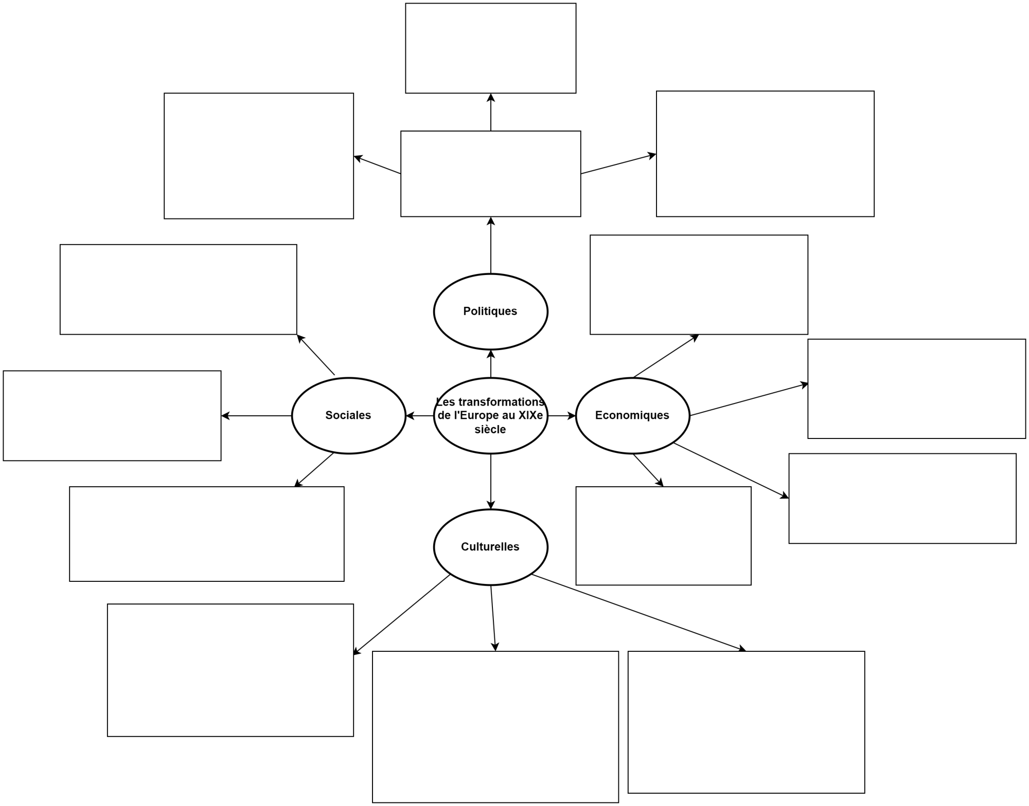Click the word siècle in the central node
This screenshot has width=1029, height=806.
click(x=490, y=430)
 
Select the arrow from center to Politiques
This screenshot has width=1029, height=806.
click(x=491, y=364)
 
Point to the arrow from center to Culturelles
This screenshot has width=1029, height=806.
click(x=491, y=481)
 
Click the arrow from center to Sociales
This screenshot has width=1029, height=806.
click(x=420, y=416)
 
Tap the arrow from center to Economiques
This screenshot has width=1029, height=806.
click(x=561, y=416)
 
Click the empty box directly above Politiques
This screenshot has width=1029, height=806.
click(x=490, y=174)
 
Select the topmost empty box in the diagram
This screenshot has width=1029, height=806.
click(x=490, y=48)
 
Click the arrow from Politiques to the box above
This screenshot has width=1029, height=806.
click(x=491, y=245)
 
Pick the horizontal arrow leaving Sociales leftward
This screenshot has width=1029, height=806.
click(x=256, y=416)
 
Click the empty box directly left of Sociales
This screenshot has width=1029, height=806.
click(x=112, y=416)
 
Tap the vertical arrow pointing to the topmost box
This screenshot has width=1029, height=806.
click(x=491, y=112)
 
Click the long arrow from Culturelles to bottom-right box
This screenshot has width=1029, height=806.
click(x=638, y=612)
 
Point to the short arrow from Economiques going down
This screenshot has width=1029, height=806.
click(x=648, y=470)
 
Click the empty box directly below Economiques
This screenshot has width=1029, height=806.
click(x=663, y=536)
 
